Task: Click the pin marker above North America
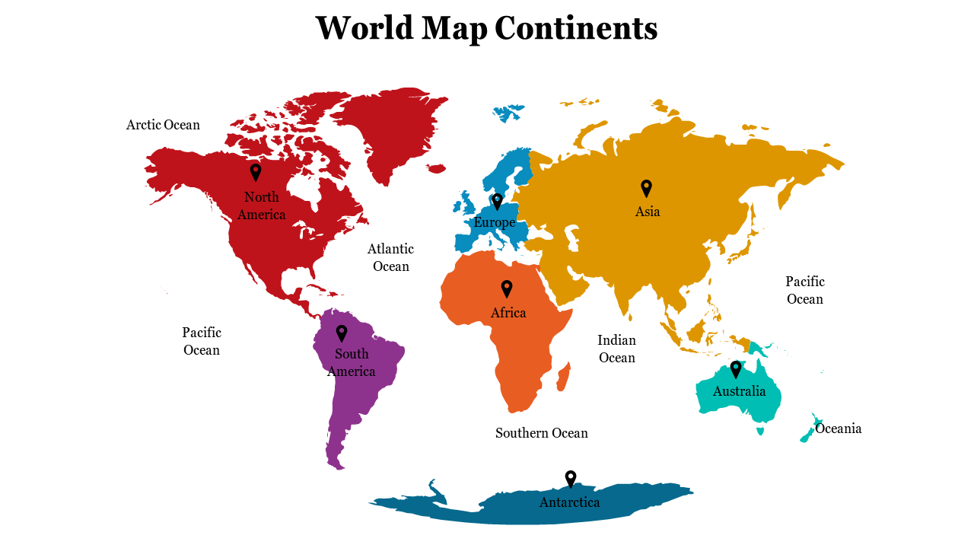pyautogui.click(x=256, y=172)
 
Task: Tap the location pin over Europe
pyautogui.click(x=497, y=201)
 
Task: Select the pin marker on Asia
pyautogui.click(x=646, y=187)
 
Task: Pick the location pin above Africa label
pyautogui.click(x=507, y=288)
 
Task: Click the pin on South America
pyautogui.click(x=342, y=333)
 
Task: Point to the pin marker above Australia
pyautogui.click(x=736, y=369)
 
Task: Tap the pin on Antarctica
pyautogui.click(x=571, y=479)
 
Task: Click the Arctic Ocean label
pyautogui.click(x=163, y=125)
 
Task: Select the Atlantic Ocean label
pyautogui.click(x=390, y=257)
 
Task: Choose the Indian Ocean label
pyautogui.click(x=616, y=349)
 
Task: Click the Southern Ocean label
pyautogui.click(x=542, y=433)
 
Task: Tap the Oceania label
pyautogui.click(x=839, y=429)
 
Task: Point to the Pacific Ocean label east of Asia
pyautogui.click(x=805, y=290)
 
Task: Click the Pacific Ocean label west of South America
pyautogui.click(x=202, y=341)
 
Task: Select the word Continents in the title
pyautogui.click(x=576, y=28)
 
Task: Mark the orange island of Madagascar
pyautogui.click(x=563, y=376)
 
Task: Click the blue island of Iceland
pyautogui.click(x=508, y=113)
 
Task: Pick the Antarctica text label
pyautogui.click(x=569, y=502)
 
